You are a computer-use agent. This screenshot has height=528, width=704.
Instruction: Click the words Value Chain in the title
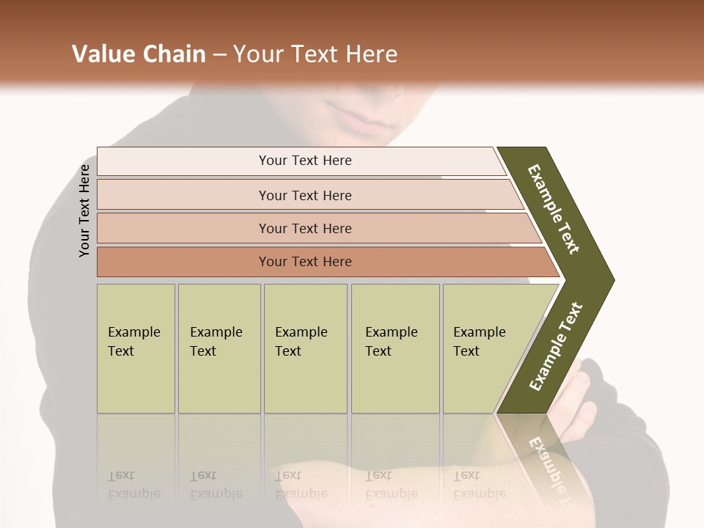[x=139, y=54]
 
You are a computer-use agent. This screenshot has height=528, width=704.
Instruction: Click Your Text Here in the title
[x=315, y=54]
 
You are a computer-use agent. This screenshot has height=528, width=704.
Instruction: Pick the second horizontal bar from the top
[x=305, y=195]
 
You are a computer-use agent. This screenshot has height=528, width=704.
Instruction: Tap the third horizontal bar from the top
[x=305, y=228]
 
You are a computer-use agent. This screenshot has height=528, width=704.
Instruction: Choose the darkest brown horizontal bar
[x=305, y=262]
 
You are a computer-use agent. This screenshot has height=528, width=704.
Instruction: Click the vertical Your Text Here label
[x=84, y=210]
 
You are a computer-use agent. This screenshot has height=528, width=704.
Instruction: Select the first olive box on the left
[x=136, y=348]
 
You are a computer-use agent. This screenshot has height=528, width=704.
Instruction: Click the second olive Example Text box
[x=219, y=348]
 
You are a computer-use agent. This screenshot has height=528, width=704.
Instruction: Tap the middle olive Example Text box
[x=305, y=348]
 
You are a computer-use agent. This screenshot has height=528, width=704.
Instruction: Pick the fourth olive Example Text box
[x=395, y=348]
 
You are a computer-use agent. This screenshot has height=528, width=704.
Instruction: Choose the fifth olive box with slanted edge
[x=484, y=348]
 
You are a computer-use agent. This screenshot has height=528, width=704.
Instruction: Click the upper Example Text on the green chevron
[x=554, y=209]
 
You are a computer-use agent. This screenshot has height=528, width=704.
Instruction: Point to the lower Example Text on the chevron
[x=556, y=346]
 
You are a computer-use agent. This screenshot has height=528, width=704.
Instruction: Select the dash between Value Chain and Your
[x=219, y=55]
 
